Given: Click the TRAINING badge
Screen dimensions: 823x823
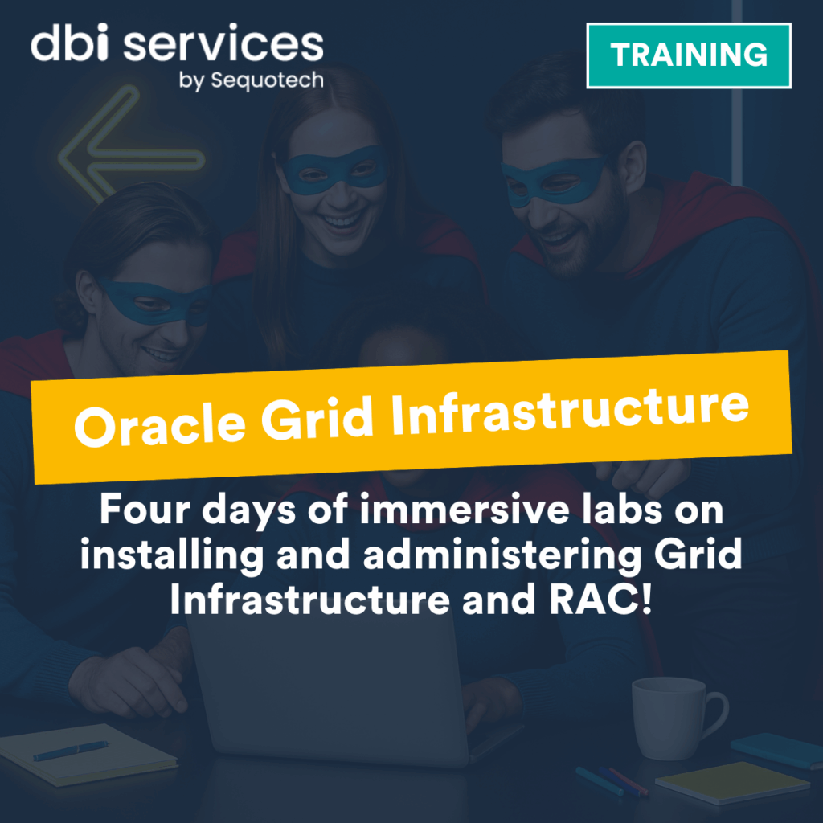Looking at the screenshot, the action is coord(689,55).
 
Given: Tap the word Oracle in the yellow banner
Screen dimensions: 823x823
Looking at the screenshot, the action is coord(160,424).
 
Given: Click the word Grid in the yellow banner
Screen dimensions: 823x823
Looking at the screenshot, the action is coord(317,419).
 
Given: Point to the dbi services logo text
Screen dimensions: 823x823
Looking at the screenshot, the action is coord(177,43).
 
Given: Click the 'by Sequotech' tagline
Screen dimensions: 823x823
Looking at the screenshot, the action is coord(252,81).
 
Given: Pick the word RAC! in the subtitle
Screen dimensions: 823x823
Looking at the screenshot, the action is coord(600,600).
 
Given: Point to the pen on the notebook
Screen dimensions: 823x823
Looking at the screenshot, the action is coord(71,751).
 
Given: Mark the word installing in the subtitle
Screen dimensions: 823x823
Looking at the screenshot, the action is coord(172,555).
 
